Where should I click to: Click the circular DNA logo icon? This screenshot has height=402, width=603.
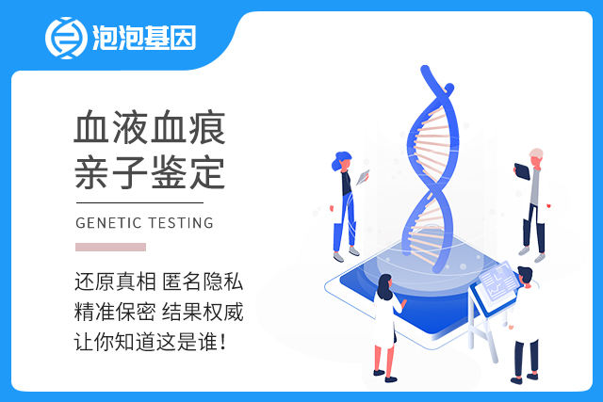[66, 38]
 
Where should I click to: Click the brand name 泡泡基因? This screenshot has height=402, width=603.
[144, 38]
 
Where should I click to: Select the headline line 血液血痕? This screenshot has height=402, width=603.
[150, 128]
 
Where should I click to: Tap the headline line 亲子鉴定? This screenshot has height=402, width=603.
[150, 172]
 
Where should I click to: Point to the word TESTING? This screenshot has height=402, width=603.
[181, 223]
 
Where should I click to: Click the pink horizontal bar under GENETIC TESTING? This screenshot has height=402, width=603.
[110, 247]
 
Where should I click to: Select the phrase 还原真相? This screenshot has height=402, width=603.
[115, 281]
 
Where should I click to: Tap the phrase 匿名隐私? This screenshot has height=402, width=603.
[203, 281]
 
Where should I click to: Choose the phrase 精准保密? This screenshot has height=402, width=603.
[115, 312]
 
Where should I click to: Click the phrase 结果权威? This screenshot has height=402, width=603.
[203, 312]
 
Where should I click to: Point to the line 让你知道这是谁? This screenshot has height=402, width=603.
[150, 342]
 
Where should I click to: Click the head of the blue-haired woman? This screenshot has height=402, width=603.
[342, 161]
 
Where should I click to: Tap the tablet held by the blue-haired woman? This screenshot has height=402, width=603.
[363, 177]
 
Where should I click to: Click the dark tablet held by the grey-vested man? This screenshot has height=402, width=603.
[522, 171]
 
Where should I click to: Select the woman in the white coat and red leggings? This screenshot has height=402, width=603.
[386, 328]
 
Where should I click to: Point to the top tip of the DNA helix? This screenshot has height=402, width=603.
[425, 69]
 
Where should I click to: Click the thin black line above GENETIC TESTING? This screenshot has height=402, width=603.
[139, 202]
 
